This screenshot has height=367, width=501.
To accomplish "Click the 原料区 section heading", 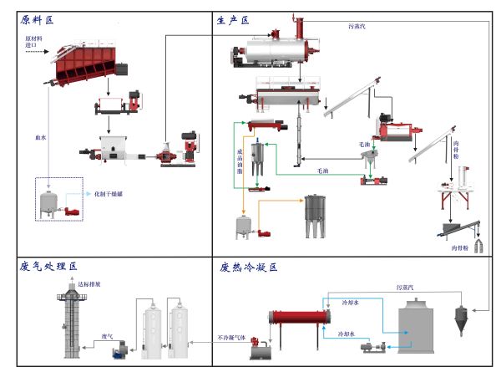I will coord(38,19).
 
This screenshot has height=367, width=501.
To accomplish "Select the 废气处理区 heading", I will coord(48,267).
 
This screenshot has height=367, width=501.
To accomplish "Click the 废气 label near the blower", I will coord(107,336).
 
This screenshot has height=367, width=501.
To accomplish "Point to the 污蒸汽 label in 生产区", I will coord(357,27).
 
